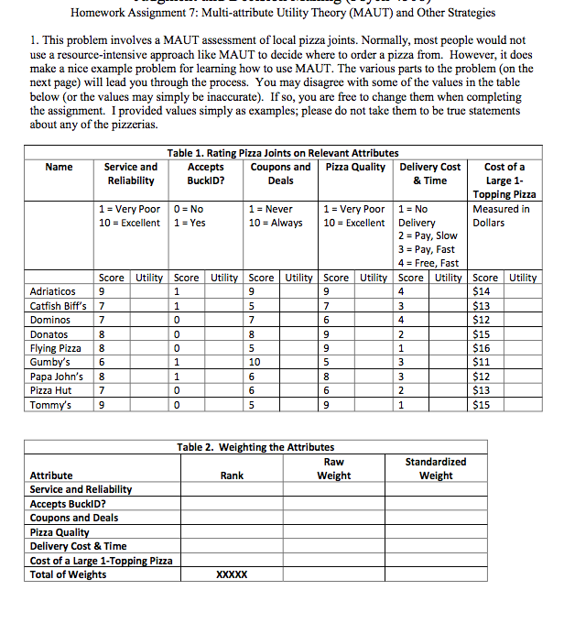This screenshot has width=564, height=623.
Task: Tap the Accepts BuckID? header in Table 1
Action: pyautogui.click(x=205, y=173)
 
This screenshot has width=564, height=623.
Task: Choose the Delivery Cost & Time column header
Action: pyautogui.click(x=429, y=173)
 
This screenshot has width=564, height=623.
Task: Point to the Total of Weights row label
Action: pyautogui.click(x=68, y=574)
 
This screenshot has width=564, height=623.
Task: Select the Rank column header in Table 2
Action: pyautogui.click(x=233, y=475)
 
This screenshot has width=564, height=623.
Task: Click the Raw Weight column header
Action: pyautogui.click(x=334, y=468)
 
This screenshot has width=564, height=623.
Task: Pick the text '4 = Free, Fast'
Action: pyautogui.click(x=429, y=263)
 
